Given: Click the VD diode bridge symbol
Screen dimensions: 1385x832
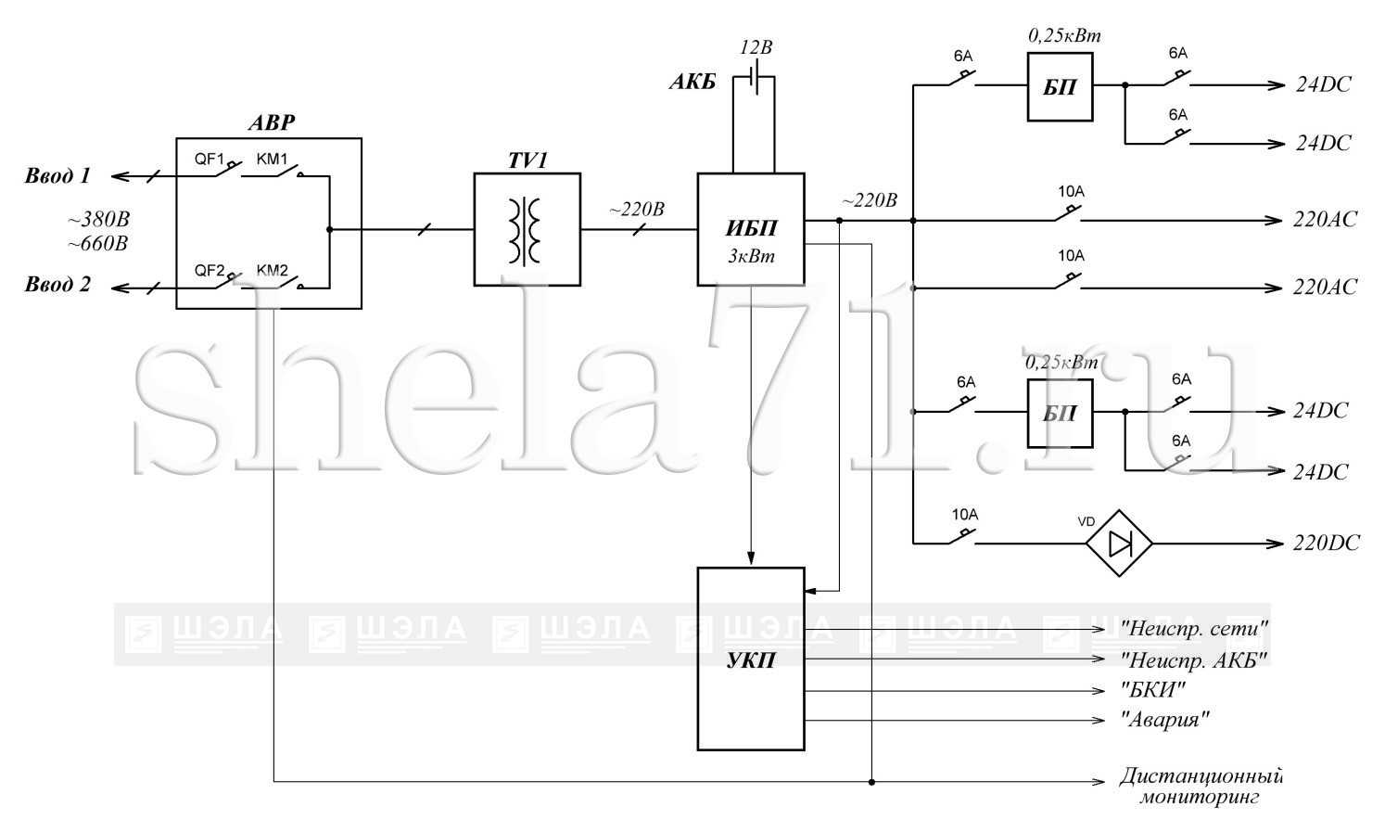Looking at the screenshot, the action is (1119, 544).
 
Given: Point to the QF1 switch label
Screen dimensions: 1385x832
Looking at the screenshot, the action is (210, 159).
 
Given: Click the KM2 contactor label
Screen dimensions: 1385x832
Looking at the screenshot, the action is (272, 270).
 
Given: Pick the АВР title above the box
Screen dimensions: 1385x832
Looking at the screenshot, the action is (272, 122).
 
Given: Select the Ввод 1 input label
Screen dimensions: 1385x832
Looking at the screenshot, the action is (57, 175).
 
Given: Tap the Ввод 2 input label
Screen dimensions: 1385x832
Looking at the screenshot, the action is (57, 284).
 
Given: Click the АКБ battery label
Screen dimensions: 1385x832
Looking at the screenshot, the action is (692, 82).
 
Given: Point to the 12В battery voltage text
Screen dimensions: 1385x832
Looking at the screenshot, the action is (756, 47).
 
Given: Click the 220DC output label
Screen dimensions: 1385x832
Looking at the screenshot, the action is (1326, 544).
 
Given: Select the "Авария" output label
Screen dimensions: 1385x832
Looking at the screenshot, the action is (1165, 720).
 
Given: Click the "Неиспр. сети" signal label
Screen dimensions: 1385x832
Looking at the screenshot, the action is (1194, 629).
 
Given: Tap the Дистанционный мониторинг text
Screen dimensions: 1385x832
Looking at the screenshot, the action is (1201, 786).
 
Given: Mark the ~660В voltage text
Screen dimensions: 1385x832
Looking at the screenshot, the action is (97, 244).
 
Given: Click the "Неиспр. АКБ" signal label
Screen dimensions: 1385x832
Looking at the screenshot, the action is (1194, 660).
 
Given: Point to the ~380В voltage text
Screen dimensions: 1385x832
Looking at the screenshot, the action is (99, 220).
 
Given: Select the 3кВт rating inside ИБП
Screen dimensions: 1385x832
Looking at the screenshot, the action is (751, 256).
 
